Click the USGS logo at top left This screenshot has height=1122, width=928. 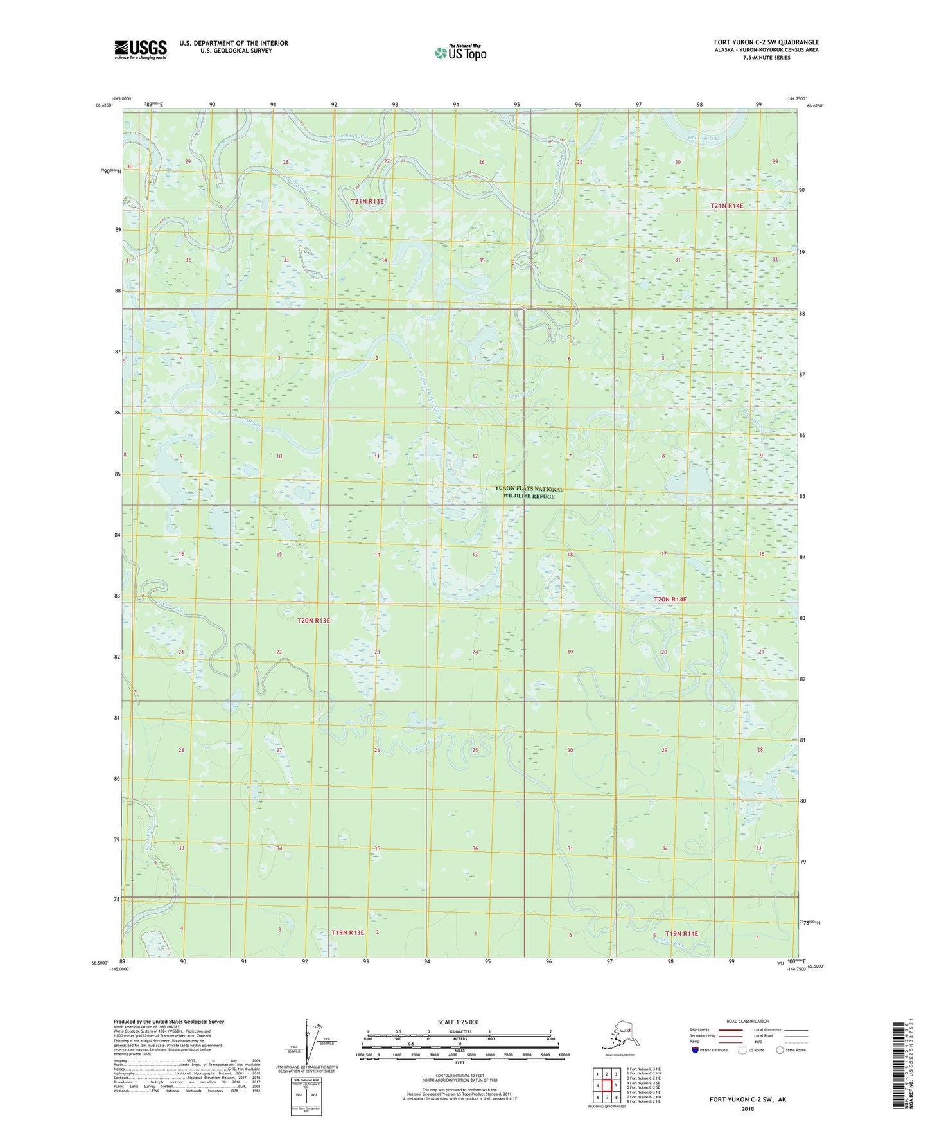pos(140,49)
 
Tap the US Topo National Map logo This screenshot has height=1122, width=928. pos(460,52)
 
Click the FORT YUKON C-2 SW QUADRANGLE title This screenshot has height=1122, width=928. pos(766,42)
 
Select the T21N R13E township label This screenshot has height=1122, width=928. pos(367,202)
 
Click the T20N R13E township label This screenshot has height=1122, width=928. pos(313,621)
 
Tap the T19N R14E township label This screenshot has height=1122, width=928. pos(681,933)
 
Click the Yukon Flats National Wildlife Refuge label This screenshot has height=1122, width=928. pos(529,492)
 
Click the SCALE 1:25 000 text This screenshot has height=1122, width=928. pos(459,1022)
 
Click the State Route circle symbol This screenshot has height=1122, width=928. pos(780,1050)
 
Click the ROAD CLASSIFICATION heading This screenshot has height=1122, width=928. pos(748,1021)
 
